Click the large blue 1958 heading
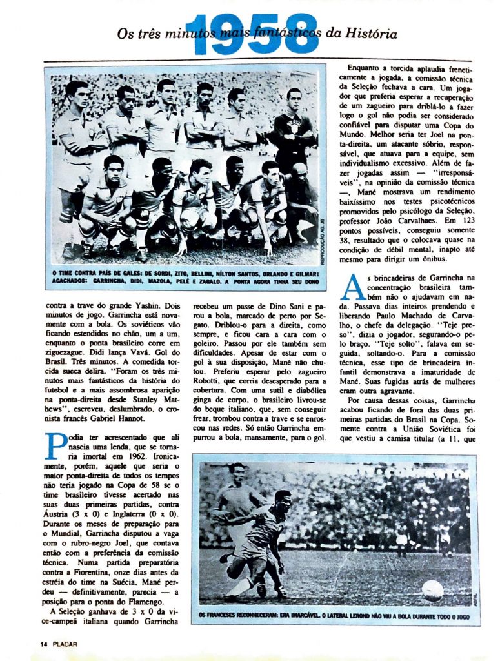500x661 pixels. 255,34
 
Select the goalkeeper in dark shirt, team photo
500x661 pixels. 294,129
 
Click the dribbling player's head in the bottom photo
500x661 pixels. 282,500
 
